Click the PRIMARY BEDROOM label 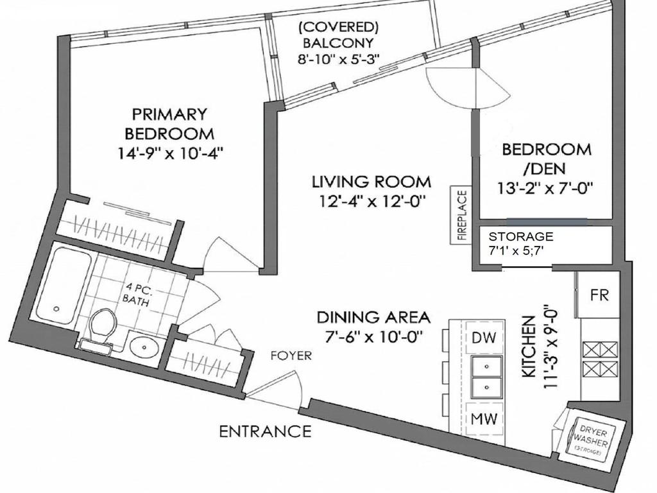(x=169, y=124)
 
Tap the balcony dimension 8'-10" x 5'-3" (x=339, y=59)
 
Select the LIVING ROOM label (x=371, y=182)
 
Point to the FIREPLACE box (x=461, y=214)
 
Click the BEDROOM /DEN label (x=547, y=159)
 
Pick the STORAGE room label (x=520, y=236)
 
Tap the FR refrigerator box (x=599, y=295)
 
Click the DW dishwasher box (x=485, y=337)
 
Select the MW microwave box (x=485, y=419)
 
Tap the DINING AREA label (x=373, y=317)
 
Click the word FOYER (x=291, y=356)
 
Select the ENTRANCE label (x=265, y=431)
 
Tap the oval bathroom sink (x=146, y=348)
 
